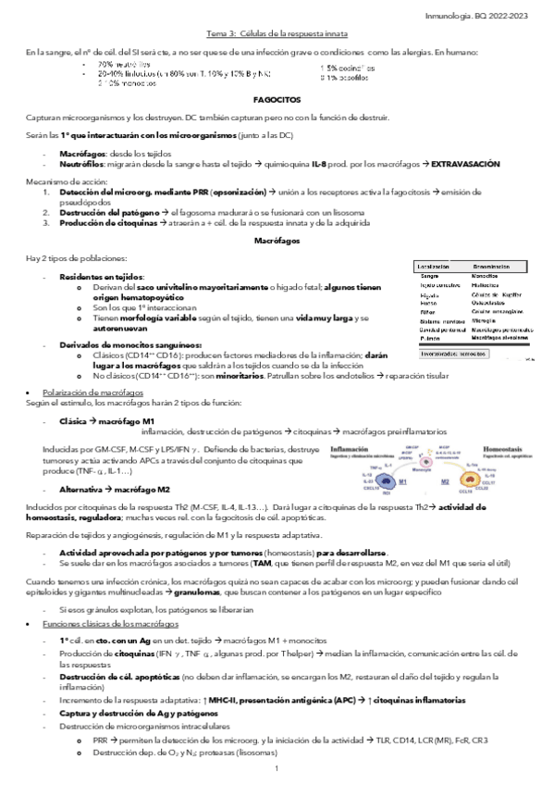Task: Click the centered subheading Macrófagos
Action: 277,241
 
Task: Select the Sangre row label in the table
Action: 429,276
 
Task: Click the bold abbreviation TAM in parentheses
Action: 262,563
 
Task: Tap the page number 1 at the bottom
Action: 276,769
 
